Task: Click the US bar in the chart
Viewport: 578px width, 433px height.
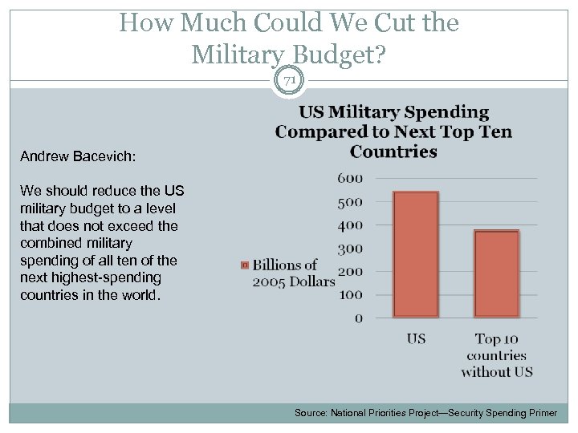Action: (416, 254)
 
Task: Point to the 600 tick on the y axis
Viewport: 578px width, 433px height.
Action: (349, 178)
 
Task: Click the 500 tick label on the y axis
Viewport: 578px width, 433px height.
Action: (349, 202)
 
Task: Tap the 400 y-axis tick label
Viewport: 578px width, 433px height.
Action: (349, 225)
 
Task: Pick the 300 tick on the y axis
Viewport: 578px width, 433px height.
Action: (349, 249)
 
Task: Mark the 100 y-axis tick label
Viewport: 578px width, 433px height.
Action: (349, 295)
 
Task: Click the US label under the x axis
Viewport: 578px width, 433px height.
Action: (416, 339)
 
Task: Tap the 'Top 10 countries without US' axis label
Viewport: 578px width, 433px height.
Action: (497, 355)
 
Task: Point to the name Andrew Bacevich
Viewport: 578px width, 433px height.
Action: (78, 156)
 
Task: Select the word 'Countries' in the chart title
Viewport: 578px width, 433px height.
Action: (393, 152)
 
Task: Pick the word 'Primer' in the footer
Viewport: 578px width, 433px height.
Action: (539, 413)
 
